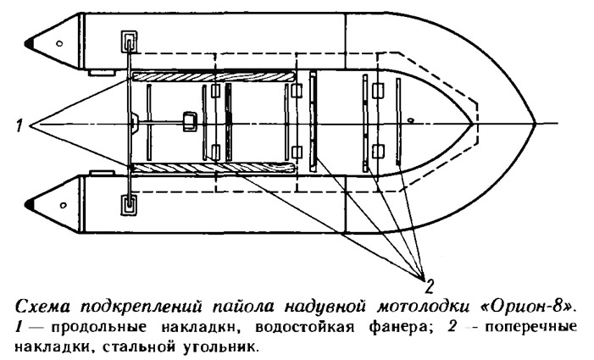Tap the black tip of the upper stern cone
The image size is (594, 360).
(x=33, y=42)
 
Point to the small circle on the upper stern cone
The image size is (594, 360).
(x=58, y=42)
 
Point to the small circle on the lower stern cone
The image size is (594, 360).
(x=58, y=203)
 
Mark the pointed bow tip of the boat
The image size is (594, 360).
(x=534, y=125)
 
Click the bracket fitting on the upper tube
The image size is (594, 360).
(x=128, y=42)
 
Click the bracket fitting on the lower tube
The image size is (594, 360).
(x=128, y=203)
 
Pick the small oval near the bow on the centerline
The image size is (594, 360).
(x=410, y=120)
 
